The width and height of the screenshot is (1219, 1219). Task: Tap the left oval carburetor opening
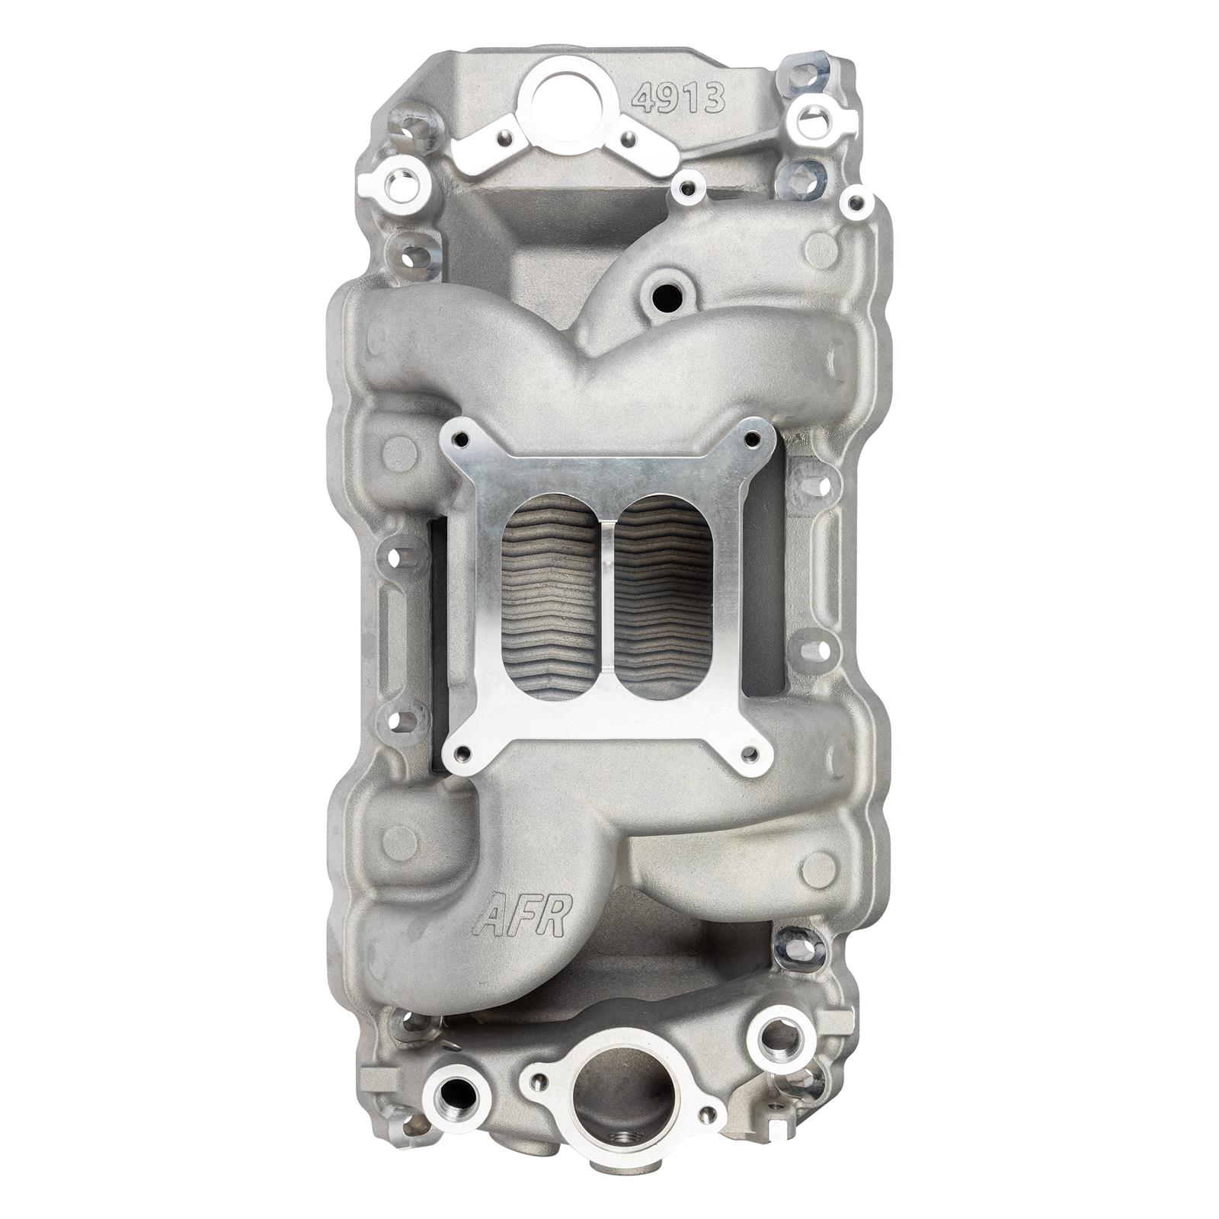549,597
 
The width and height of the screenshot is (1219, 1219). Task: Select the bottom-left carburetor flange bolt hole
462,754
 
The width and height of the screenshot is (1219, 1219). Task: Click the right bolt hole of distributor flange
629,139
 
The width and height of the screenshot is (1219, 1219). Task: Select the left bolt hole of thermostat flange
541,1080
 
